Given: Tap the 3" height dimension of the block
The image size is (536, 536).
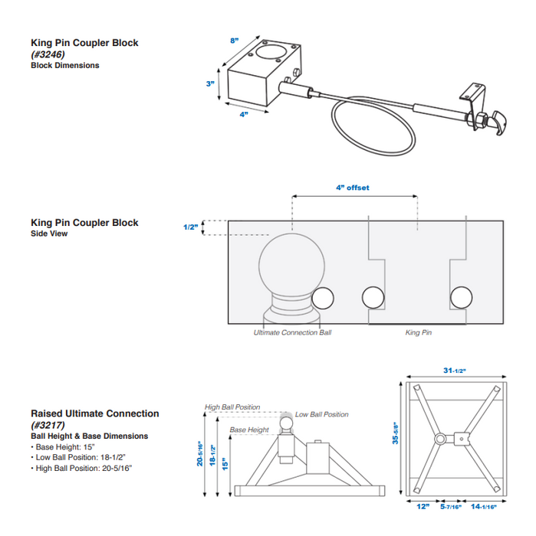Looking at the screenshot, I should [x=209, y=83].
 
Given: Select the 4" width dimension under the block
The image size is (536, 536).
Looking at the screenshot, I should [x=244, y=115].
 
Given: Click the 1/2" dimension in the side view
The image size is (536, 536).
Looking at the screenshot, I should [x=191, y=227].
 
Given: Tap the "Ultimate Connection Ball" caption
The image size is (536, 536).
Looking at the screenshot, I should [x=293, y=333].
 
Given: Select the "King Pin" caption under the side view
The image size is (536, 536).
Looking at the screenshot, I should [x=419, y=333].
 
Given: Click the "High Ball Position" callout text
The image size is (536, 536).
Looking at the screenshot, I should [x=232, y=407].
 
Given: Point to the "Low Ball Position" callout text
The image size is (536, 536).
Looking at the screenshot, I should [x=321, y=414].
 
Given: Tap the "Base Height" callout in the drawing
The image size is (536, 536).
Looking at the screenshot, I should [x=249, y=430].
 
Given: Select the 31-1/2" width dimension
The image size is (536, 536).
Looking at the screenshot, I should [x=453, y=371].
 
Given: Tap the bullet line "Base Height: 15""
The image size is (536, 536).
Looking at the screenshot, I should [x=67, y=446].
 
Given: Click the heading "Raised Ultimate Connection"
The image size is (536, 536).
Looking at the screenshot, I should [x=95, y=413].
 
